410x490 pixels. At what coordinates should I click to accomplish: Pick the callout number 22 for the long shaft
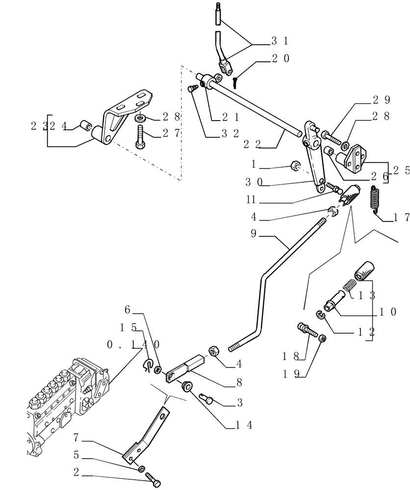pos(253,145)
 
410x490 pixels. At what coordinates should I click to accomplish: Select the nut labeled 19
pos(323,338)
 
